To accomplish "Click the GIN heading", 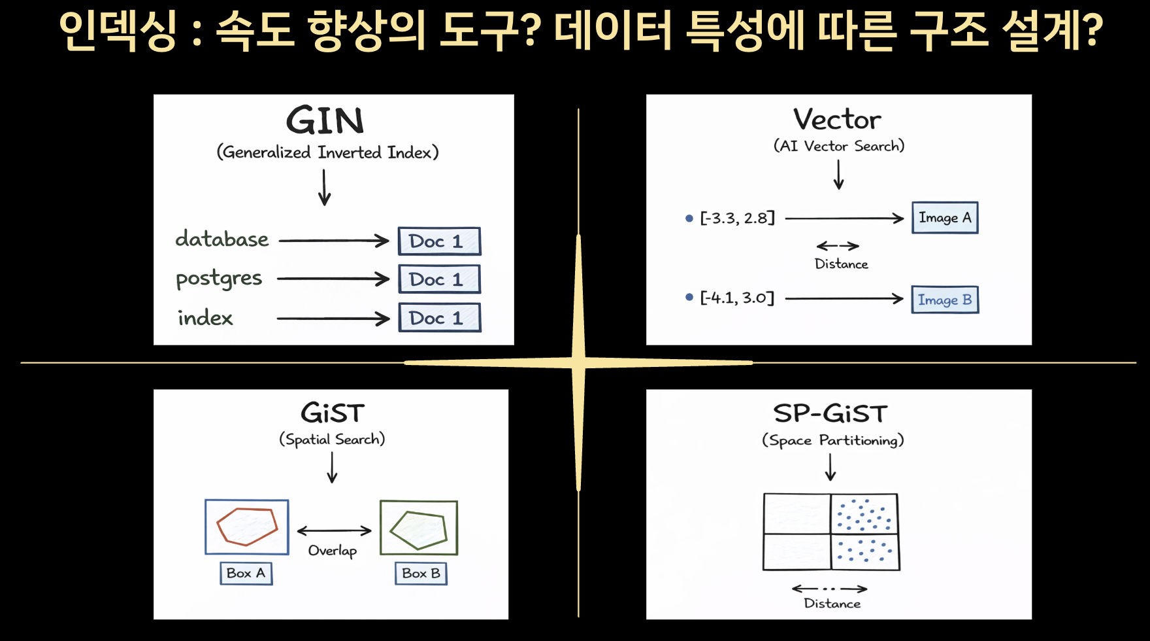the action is (325, 120).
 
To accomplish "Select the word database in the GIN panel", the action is (222, 239).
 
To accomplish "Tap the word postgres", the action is (219, 279).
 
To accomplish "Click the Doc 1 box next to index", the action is (440, 318).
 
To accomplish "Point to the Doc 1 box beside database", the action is (440, 241).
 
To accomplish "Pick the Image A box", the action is (945, 218).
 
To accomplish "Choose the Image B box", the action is (945, 300).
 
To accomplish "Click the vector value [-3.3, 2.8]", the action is (737, 218).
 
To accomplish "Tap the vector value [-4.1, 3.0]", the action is (737, 298).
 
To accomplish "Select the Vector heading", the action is (838, 120).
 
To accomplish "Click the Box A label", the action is (246, 574).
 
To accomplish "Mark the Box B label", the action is (421, 574).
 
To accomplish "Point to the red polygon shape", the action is (248, 526).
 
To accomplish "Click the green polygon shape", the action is (419, 530).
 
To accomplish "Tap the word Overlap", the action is (333, 551).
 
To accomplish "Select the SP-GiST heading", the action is (831, 414).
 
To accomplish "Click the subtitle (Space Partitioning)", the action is (833, 441).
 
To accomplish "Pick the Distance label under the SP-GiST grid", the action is (832, 604).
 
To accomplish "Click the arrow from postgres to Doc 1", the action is (333, 279).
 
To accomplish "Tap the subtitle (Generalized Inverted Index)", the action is (328, 152).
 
